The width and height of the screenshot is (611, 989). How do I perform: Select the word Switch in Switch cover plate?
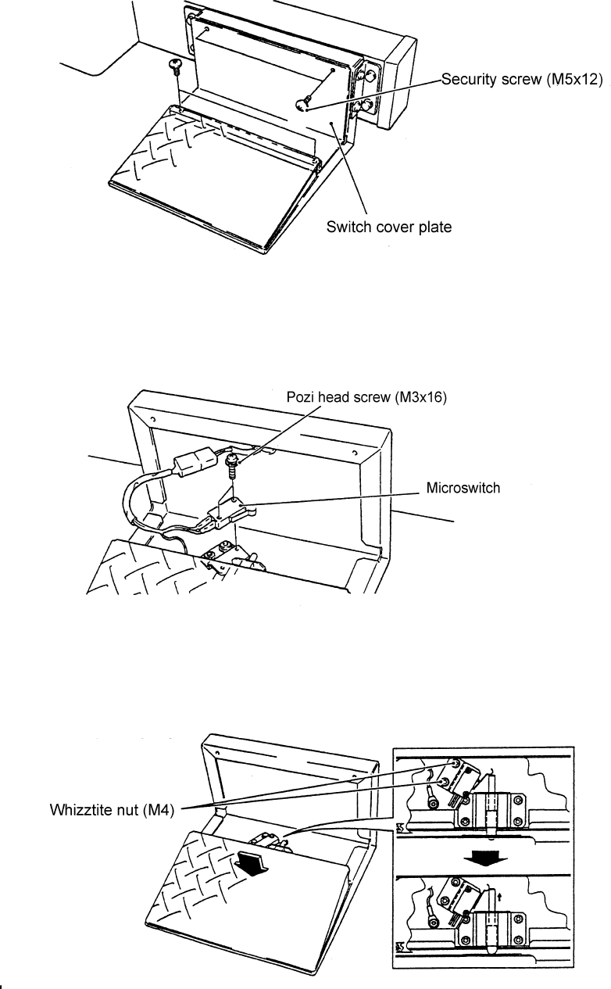tap(348, 228)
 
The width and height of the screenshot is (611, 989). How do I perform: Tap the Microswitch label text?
tap(463, 488)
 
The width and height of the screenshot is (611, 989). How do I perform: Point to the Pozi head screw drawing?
tap(232, 467)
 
